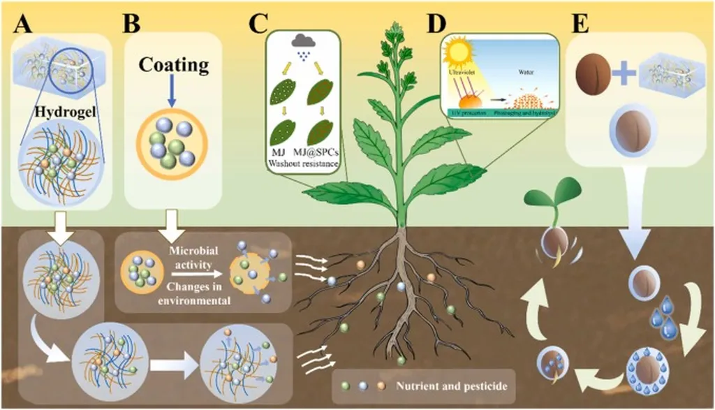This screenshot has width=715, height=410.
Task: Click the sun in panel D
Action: tap(459, 54)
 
